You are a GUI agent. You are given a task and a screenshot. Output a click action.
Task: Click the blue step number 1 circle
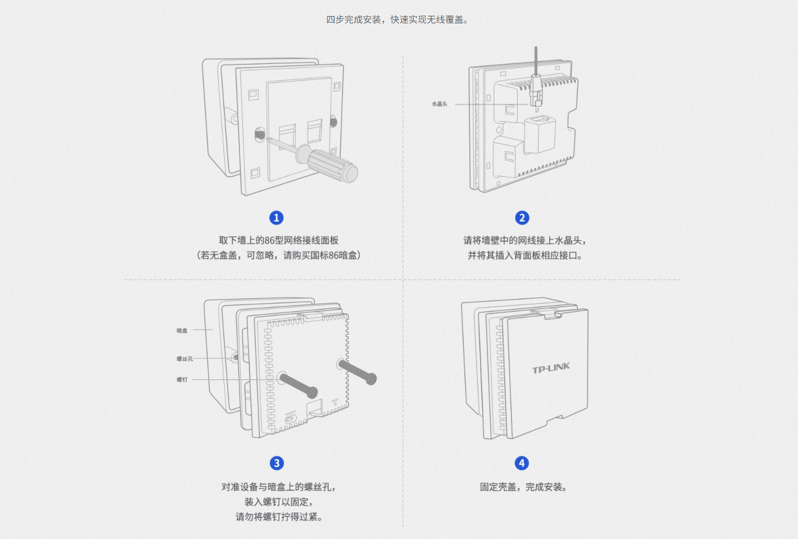(277, 218)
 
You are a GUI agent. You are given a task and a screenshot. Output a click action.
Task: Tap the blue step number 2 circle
(522, 218)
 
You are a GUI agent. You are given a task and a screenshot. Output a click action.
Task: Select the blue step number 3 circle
(277, 463)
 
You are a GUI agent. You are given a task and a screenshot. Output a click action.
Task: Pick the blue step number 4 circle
(522, 463)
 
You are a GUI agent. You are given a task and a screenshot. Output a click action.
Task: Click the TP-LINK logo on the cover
(551, 368)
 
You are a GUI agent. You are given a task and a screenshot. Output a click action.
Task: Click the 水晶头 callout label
(439, 104)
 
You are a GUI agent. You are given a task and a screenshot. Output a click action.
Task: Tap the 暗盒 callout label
(182, 331)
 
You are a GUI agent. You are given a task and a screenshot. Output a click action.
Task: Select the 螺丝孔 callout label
(185, 359)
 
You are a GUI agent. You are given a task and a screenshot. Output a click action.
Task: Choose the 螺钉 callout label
(182, 380)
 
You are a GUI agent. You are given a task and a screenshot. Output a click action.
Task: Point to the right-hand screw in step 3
(357, 372)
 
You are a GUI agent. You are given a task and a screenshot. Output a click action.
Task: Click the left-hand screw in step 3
(298, 385)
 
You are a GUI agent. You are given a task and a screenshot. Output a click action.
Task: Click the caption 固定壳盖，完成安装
(523, 487)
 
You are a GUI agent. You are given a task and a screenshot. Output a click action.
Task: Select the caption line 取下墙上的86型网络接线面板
(279, 240)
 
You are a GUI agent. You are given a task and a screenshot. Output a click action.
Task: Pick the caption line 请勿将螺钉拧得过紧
(279, 517)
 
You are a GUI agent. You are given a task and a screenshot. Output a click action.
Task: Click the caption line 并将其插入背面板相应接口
(524, 255)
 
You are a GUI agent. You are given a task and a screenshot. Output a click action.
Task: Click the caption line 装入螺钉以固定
(279, 502)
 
